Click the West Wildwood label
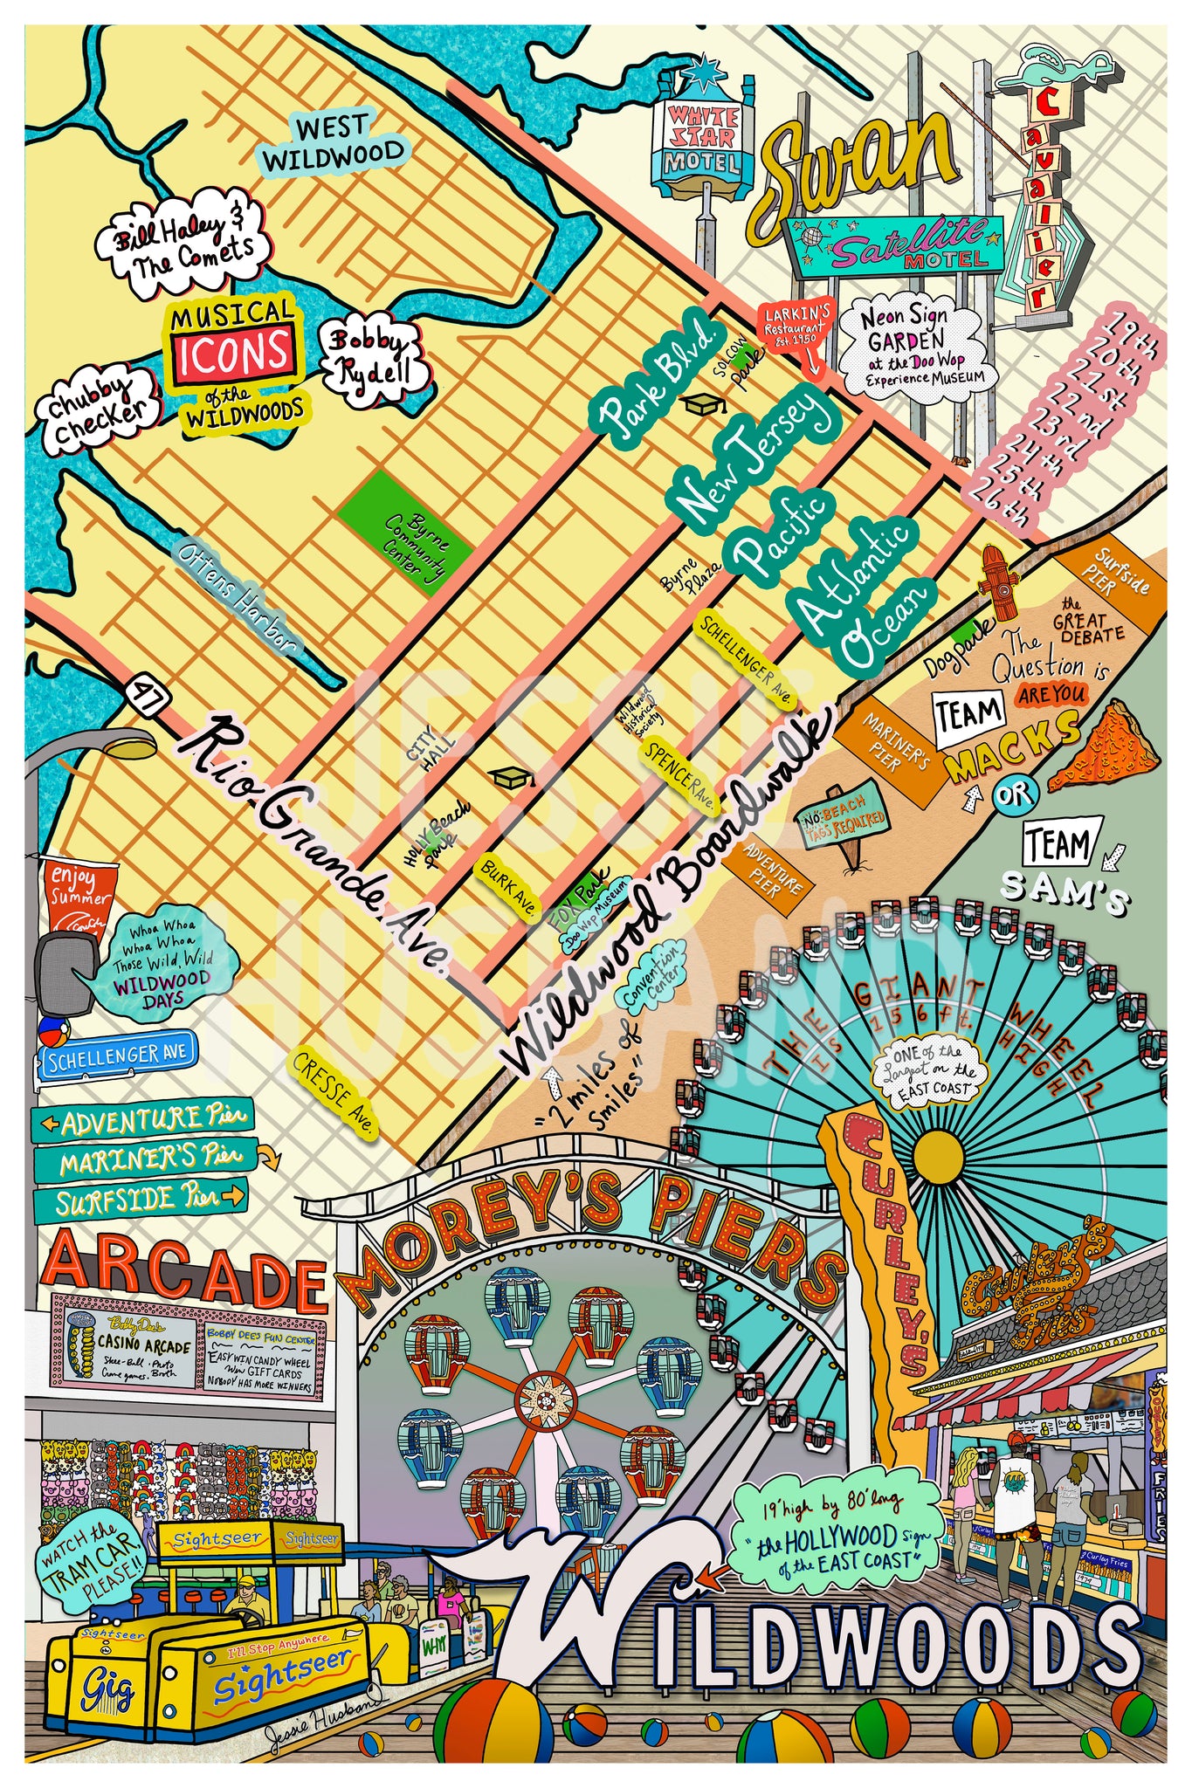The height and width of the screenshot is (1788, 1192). coord(334,144)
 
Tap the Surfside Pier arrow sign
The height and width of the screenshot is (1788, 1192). coord(140,1200)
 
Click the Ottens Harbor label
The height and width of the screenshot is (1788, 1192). coord(237,595)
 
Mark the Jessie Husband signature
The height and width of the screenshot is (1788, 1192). coord(323,1730)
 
